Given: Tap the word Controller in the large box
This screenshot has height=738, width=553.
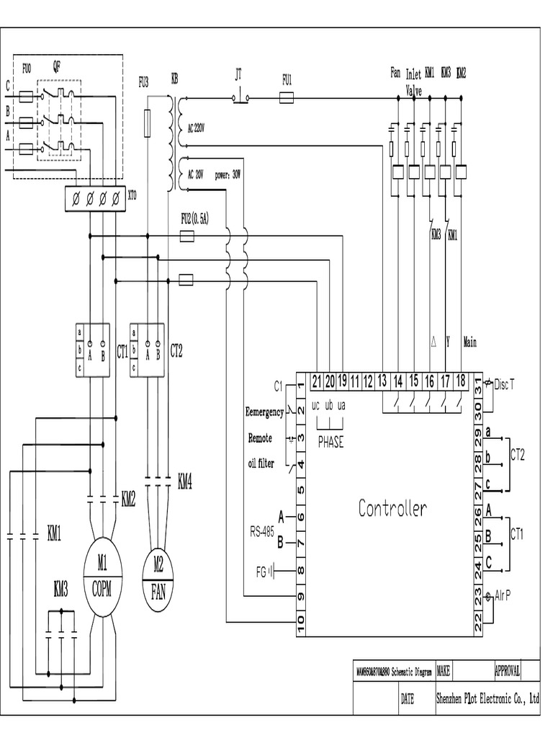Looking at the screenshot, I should pyautogui.click(x=392, y=509).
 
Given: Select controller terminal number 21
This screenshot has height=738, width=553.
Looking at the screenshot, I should pyautogui.click(x=318, y=381).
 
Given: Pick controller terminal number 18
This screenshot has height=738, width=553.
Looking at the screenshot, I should pyautogui.click(x=460, y=381).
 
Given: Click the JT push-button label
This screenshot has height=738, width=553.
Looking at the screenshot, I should pyautogui.click(x=238, y=74).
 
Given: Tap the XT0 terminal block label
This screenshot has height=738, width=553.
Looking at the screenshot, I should pyautogui.click(x=132, y=195).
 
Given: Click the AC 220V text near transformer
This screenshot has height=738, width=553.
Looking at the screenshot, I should pyautogui.click(x=196, y=128).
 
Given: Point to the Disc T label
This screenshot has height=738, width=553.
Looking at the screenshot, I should pyautogui.click(x=505, y=386).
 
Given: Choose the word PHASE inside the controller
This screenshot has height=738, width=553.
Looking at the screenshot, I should pyautogui.click(x=331, y=443).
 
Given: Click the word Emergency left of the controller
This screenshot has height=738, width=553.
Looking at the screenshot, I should pyautogui.click(x=264, y=412).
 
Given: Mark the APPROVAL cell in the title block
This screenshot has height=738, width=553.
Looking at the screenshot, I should pyautogui.click(x=507, y=671).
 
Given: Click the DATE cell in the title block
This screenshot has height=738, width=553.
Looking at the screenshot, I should pyautogui.click(x=407, y=698).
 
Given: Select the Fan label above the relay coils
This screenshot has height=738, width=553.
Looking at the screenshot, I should pyautogui.click(x=395, y=73).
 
